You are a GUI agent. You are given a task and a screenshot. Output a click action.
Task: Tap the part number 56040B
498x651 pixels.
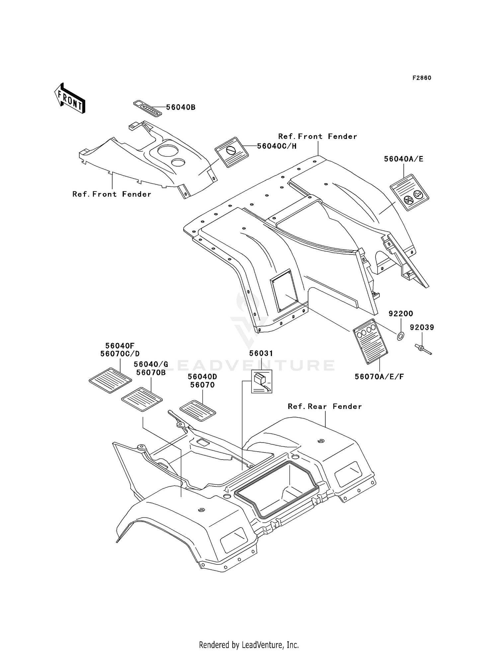(x=181, y=107)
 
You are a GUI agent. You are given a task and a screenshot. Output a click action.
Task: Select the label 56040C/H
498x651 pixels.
(x=277, y=146)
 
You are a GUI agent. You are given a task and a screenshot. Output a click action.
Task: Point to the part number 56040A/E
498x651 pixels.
(x=404, y=159)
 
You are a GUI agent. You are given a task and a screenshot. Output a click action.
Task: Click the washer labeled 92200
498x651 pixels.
(x=400, y=336)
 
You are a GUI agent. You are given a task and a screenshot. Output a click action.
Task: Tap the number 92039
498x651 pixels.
(x=422, y=327)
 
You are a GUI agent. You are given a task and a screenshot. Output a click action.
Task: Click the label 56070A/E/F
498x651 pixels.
(x=379, y=377)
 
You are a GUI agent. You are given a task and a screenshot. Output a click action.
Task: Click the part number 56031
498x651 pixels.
(x=261, y=353)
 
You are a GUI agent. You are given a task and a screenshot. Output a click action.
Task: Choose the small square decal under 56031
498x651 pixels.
(x=262, y=382)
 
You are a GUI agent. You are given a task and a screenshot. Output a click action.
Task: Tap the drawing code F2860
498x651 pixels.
(x=422, y=78)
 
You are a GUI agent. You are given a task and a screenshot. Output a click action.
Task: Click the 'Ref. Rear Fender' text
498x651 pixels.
(x=325, y=406)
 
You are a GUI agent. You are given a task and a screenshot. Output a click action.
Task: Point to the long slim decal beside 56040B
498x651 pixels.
(x=147, y=109)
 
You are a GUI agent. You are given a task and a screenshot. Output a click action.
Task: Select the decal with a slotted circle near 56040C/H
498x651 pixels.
(x=232, y=152)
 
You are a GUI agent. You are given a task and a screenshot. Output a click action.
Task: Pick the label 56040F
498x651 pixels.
(x=120, y=346)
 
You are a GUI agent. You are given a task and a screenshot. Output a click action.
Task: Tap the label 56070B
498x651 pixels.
(x=151, y=373)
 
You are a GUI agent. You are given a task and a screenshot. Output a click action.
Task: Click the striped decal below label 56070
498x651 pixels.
(x=198, y=411)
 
